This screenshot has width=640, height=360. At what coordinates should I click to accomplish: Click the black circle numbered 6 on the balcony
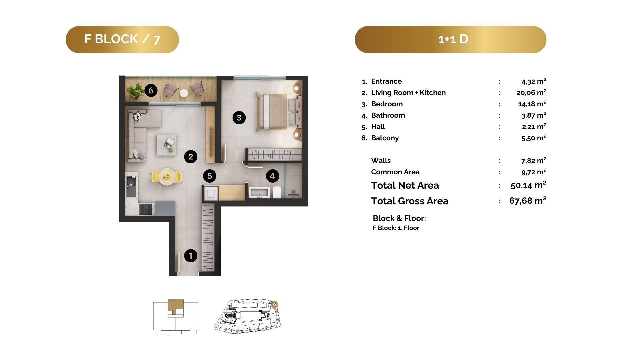pyautogui.click(x=151, y=90)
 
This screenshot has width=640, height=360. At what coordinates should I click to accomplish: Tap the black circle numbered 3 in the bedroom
pyautogui.click(x=239, y=118)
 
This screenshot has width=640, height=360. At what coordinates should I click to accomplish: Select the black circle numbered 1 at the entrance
pyautogui.click(x=191, y=256)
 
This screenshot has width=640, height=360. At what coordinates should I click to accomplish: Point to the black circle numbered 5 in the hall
pyautogui.click(x=210, y=176)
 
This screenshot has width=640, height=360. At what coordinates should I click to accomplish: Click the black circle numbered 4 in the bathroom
pyautogui.click(x=272, y=176)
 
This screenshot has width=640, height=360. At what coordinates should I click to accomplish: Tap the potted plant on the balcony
pyautogui.click(x=135, y=90)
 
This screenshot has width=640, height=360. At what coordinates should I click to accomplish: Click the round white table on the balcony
pyautogui.click(x=184, y=93)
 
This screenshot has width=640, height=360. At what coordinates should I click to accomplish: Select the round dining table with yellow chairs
pyautogui.click(x=166, y=177)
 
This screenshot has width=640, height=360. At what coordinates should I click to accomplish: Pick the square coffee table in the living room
pyautogui.click(x=167, y=145)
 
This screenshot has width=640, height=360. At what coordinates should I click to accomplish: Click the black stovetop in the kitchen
pyautogui.click(x=146, y=209)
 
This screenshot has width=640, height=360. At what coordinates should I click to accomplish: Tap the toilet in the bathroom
pyautogui.click(x=277, y=192)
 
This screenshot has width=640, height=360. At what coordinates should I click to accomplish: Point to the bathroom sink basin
pyautogui.click(x=259, y=193)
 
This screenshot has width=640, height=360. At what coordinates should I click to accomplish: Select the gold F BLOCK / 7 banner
pyautogui.click(x=122, y=40)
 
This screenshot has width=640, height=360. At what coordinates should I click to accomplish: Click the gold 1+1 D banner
pyautogui.click(x=451, y=40)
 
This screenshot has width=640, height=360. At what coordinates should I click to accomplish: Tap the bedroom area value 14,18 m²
pyautogui.click(x=532, y=104)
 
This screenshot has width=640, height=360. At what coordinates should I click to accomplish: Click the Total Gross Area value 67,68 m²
pyautogui.click(x=528, y=201)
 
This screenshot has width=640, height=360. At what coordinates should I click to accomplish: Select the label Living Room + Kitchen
pyautogui.click(x=408, y=93)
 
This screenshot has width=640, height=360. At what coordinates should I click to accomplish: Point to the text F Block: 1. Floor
pyautogui.click(x=396, y=228)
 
